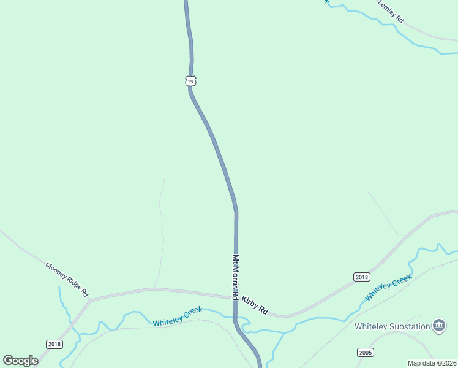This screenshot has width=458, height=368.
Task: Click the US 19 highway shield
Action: coord(191,81)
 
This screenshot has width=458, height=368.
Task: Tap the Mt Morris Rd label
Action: coord(235,277)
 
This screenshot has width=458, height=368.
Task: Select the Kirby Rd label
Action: coord(255,305)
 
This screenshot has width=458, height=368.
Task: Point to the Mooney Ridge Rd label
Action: coord(67,280)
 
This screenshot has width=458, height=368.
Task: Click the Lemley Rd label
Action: coord(391,12)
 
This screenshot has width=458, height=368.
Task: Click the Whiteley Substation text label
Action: coord(392,326)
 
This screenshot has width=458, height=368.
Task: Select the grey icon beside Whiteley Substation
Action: coord(438,326)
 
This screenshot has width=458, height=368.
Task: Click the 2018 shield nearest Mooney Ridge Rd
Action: coord(54,344)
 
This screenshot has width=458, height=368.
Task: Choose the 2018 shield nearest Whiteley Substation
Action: coord(362,277)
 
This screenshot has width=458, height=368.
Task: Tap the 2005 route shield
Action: coord(366,352)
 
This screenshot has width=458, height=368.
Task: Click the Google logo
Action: coord(20,361)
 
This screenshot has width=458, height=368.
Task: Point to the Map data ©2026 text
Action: coord(432,363)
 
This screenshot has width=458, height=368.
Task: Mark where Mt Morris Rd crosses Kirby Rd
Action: coord(235,297)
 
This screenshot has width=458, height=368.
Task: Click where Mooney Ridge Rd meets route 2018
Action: coord(89,301)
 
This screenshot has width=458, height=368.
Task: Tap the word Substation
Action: coord(410,326)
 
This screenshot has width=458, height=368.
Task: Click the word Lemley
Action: coord(387,9)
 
